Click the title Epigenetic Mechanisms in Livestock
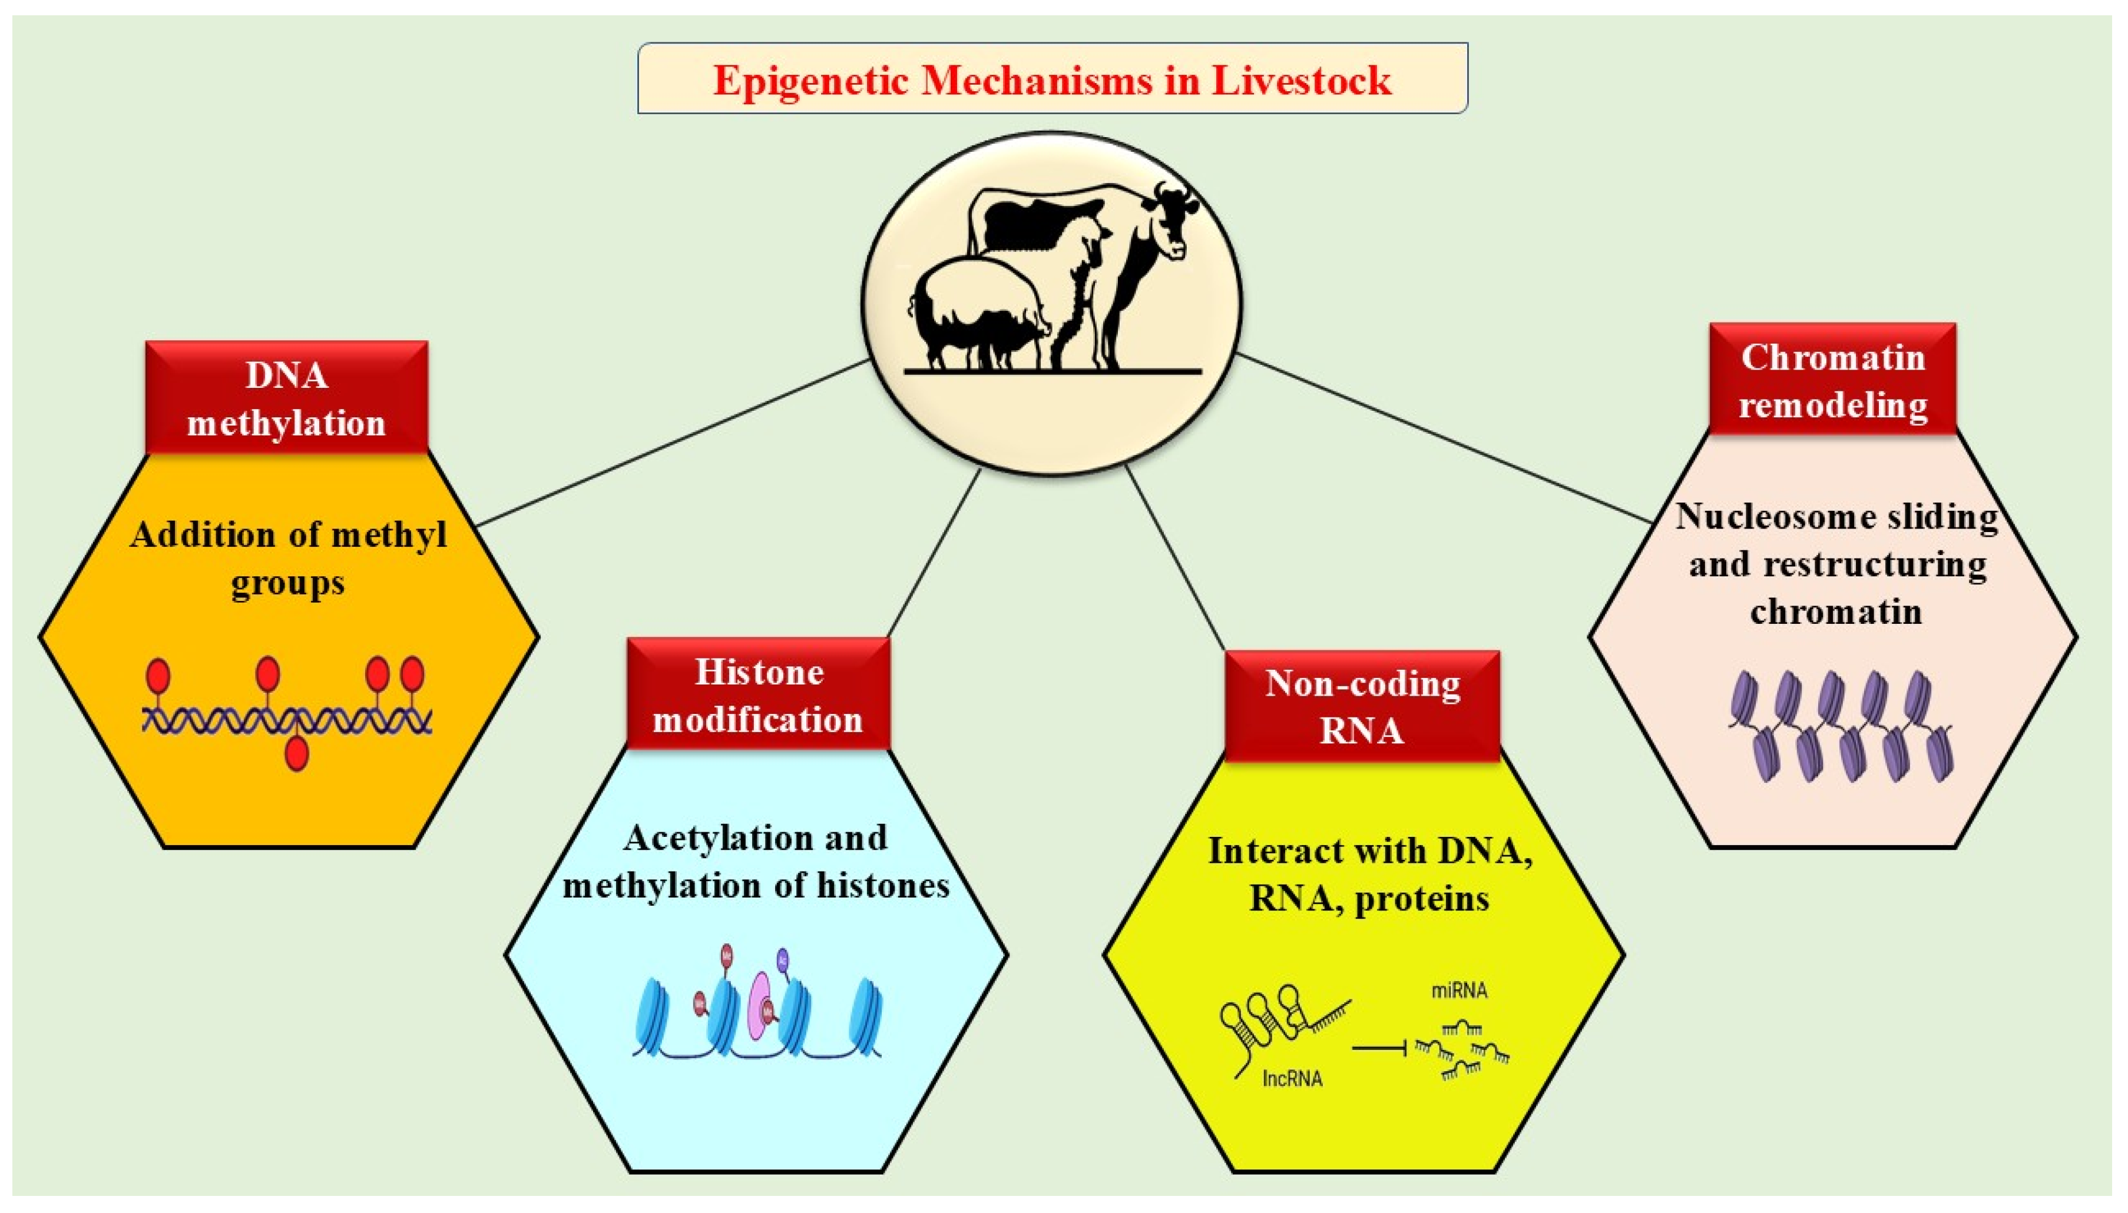[x=1052, y=80]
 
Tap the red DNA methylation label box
[x=287, y=399]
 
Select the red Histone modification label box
[x=757, y=695]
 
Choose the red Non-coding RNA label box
[x=1362, y=706]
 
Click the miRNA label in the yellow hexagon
[x=1459, y=991]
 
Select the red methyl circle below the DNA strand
[x=297, y=754]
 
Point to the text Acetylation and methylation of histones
[x=756, y=862]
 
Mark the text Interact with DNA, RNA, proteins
[x=1369, y=875]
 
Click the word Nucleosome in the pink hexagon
[x=1735, y=517]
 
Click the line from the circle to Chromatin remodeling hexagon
[x=1442, y=438]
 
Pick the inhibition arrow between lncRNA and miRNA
[x=1379, y=1047]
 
